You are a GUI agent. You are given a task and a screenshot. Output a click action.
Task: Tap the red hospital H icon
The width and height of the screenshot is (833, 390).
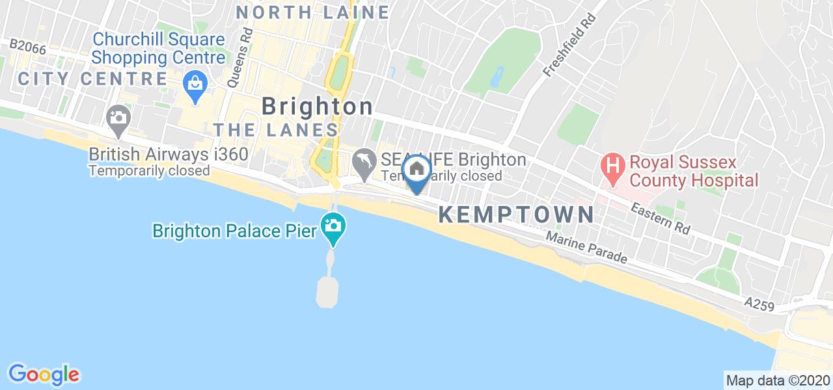tap(612, 162)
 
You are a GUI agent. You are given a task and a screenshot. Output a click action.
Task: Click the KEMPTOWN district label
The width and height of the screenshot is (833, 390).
tap(516, 215)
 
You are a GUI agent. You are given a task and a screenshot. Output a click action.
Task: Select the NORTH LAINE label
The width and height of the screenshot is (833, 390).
tap(312, 12)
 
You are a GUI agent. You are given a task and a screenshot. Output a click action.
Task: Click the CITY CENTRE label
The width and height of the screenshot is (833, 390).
tap(92, 79)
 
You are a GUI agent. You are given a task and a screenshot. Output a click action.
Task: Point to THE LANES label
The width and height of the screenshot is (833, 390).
tap(276, 130)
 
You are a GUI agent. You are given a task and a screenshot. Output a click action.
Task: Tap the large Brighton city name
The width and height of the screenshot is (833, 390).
tap(318, 107)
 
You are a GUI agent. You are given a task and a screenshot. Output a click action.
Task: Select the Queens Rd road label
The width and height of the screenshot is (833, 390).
tap(238, 58)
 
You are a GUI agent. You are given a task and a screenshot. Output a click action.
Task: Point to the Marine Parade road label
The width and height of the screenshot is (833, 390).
tap(586, 249)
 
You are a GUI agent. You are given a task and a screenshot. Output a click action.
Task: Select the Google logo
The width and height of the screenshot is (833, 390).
tap(44, 374)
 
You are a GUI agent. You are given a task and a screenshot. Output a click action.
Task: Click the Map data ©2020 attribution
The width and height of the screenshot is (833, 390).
tap(778, 380)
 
